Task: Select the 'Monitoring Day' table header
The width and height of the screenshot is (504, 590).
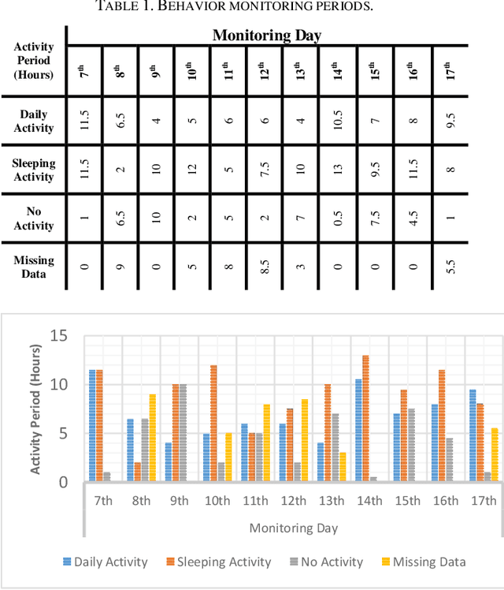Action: click(x=266, y=35)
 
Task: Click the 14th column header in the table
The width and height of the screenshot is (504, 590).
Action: click(x=337, y=71)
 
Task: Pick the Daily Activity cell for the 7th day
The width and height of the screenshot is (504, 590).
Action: click(x=85, y=120)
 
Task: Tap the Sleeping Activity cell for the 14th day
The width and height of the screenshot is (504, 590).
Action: click(x=337, y=169)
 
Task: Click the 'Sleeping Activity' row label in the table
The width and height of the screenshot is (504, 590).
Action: click(x=34, y=170)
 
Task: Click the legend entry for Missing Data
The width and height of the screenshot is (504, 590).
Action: click(x=424, y=562)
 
